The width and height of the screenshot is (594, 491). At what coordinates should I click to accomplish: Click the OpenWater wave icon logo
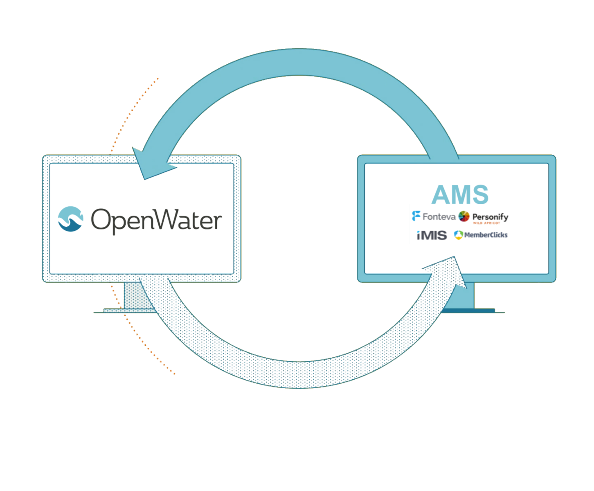[71, 219]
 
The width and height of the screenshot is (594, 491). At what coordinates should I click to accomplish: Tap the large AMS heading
[460, 194]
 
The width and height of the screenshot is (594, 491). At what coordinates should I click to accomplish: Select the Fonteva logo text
[439, 216]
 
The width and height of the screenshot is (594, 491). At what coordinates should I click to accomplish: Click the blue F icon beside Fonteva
[416, 216]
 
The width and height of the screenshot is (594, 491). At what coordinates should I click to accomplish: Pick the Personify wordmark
[490, 216]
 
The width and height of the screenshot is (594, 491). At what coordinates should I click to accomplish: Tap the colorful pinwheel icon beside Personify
[464, 216]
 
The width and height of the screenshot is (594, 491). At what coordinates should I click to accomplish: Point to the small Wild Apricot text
[486, 223]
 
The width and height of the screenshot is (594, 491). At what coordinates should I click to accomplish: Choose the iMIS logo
[432, 235]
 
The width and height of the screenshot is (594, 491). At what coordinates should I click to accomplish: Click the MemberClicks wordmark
[486, 235]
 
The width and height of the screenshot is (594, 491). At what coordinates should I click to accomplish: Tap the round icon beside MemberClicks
[458, 235]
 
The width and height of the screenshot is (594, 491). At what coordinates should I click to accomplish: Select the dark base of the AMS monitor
[470, 311]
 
